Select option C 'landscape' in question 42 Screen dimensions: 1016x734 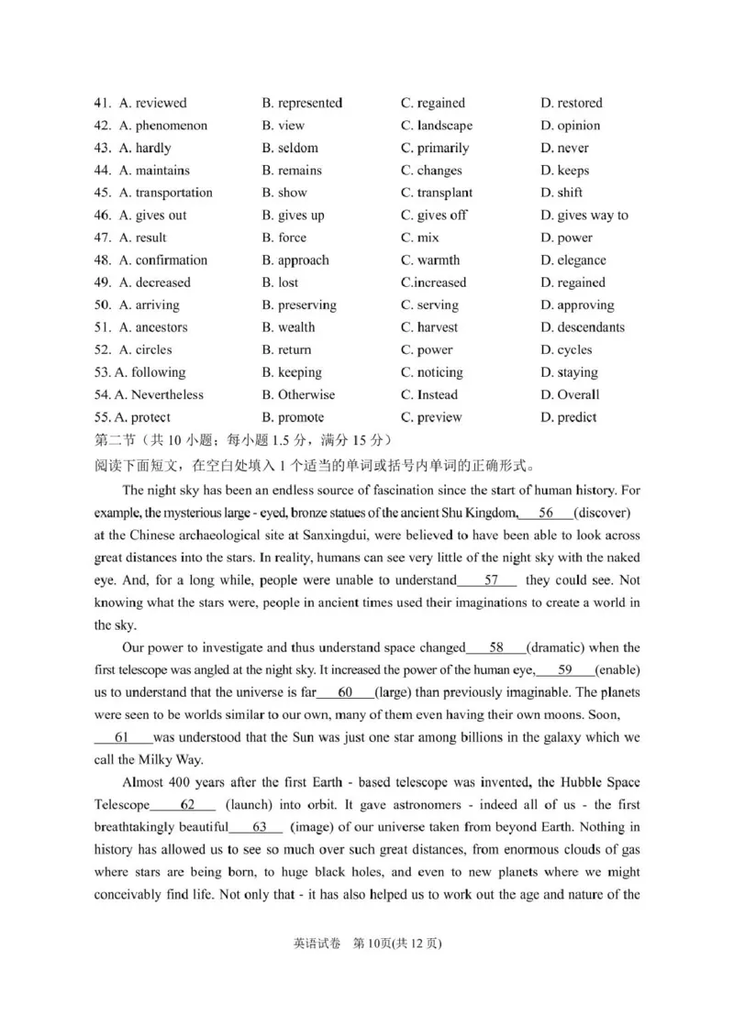[x=437, y=126]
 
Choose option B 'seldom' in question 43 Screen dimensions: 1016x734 [x=290, y=148]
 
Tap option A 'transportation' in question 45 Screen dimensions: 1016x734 [x=165, y=193]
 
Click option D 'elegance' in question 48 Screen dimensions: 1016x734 [x=573, y=260]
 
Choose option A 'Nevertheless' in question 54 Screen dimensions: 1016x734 [x=158, y=395]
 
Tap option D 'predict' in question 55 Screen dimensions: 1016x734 [x=569, y=417]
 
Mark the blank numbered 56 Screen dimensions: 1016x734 [x=545, y=513]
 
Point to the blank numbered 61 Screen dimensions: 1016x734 [x=123, y=737]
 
